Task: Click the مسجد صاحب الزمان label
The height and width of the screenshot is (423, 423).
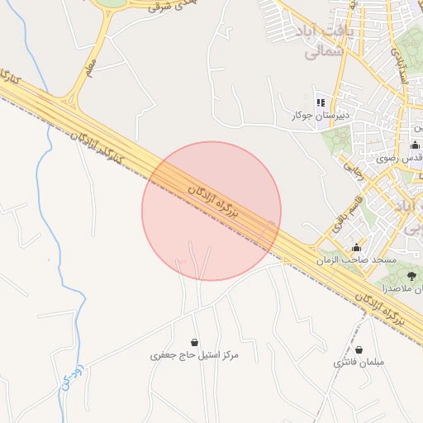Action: point(356,259)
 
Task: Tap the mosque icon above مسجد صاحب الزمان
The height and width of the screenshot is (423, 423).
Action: point(356,247)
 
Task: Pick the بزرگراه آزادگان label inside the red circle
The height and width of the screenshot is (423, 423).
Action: point(213,202)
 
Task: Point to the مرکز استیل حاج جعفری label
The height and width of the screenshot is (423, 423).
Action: point(194,355)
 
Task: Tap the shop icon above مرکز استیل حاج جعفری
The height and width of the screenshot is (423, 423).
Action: point(194,342)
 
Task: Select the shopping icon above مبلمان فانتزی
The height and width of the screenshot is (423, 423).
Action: point(359,349)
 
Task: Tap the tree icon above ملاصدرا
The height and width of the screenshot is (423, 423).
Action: point(412,277)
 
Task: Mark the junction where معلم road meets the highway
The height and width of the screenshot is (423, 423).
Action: point(70,104)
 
